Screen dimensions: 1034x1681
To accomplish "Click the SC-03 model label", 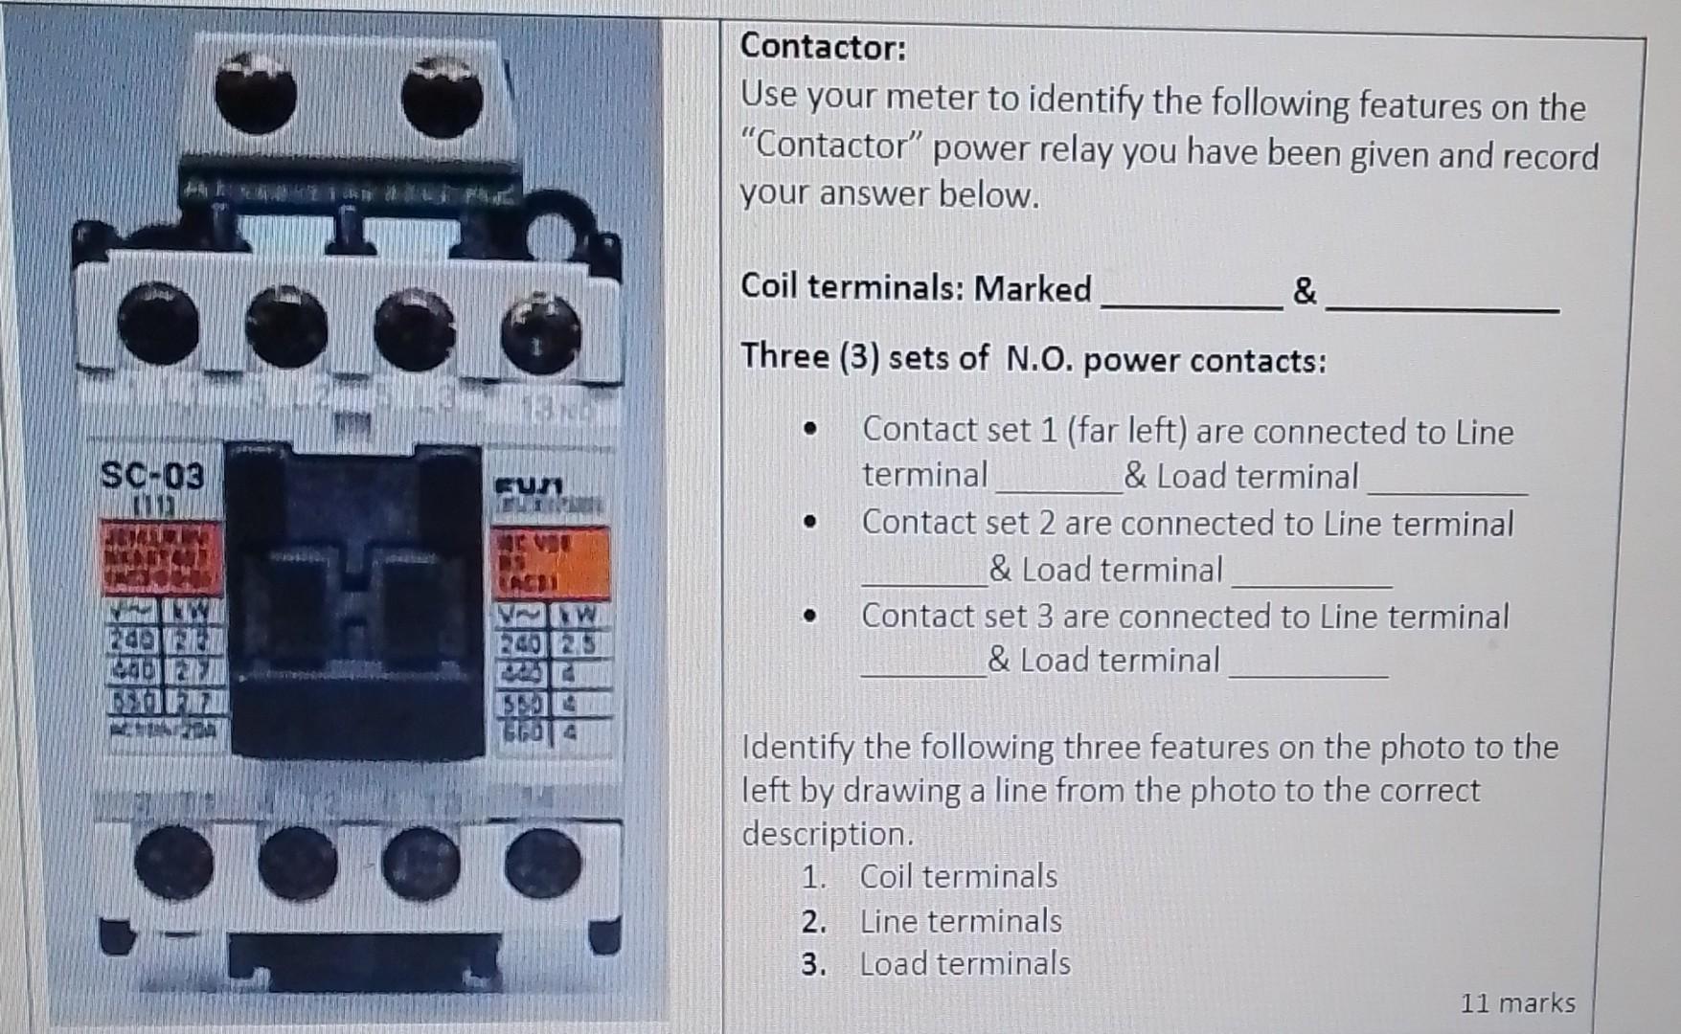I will click(x=152, y=474).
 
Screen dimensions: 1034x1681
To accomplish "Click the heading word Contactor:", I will click(x=823, y=46).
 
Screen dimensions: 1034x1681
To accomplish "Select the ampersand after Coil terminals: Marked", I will click(x=1305, y=290).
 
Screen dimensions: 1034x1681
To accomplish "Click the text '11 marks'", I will click(x=1517, y=1002).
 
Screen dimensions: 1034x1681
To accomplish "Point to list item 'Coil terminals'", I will click(x=958, y=876).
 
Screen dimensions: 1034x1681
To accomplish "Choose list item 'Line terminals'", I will click(x=960, y=921).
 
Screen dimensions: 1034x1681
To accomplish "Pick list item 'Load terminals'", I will click(x=965, y=963).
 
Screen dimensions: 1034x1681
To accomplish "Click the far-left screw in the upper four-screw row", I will click(x=158, y=324).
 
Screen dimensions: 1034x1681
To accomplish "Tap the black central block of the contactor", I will click(x=354, y=603).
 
